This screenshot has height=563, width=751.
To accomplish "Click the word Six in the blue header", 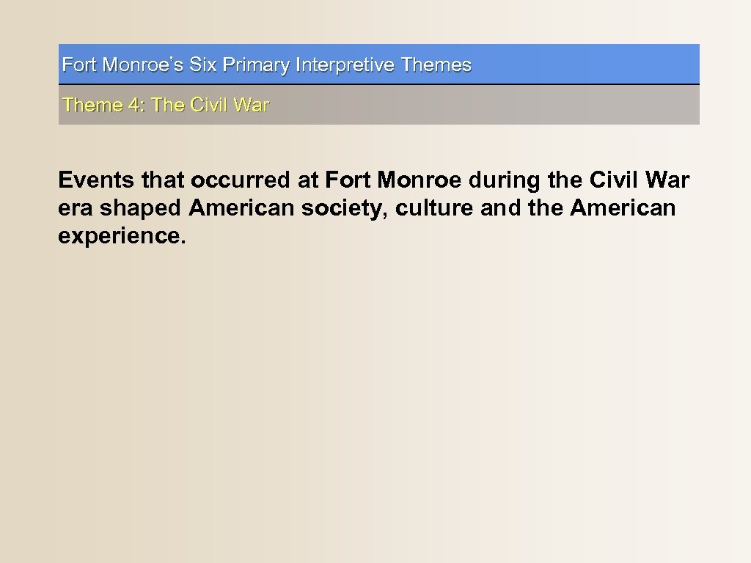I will point(203,65).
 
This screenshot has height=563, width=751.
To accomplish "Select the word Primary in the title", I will point(256,65).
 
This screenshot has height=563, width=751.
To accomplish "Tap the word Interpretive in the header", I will point(345,65).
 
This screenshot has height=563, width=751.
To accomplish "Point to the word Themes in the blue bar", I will point(436,65).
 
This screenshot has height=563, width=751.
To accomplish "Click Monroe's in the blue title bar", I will point(143,65).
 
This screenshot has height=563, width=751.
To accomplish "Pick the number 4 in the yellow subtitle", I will point(134,106).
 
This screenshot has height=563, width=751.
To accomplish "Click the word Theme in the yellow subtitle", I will point(92,106).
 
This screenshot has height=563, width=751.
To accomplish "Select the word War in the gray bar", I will point(252,106).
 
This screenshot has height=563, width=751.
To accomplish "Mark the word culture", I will point(434,209).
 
